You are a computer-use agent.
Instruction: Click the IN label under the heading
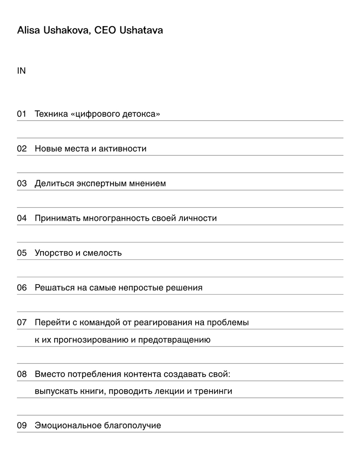[x=21, y=71]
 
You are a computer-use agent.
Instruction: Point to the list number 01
[x=22, y=114]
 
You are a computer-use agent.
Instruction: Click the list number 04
[x=22, y=218]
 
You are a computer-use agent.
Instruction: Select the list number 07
[x=22, y=322]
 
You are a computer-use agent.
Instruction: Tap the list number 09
[x=22, y=426]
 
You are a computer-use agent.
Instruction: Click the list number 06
[x=22, y=288]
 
